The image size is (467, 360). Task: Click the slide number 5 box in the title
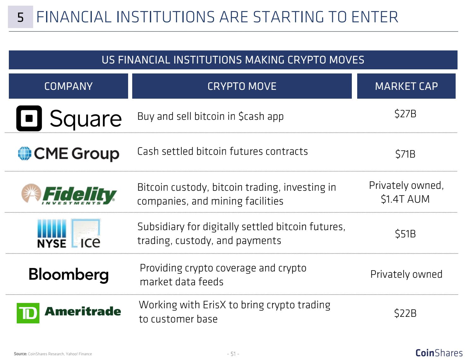point(21,17)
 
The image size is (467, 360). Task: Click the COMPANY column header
point(68,86)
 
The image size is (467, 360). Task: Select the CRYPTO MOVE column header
point(242,86)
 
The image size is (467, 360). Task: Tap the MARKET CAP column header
point(406,86)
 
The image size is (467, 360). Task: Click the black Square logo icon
point(29,118)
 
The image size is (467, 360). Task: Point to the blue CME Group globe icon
point(25,153)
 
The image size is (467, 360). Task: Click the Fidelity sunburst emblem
point(31,193)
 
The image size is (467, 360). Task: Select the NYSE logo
point(51,233)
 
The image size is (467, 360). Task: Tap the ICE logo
point(86,233)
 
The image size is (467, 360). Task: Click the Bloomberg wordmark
point(68,275)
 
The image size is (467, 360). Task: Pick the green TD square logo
point(28,313)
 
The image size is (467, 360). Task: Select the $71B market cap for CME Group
point(405,154)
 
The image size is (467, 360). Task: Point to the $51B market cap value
point(405,234)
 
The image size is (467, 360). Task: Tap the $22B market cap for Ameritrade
point(405,313)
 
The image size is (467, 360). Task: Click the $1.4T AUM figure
point(405,199)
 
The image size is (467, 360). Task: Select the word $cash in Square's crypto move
point(251,116)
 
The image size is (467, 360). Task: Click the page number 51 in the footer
point(233,354)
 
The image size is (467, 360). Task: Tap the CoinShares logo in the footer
point(439,353)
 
